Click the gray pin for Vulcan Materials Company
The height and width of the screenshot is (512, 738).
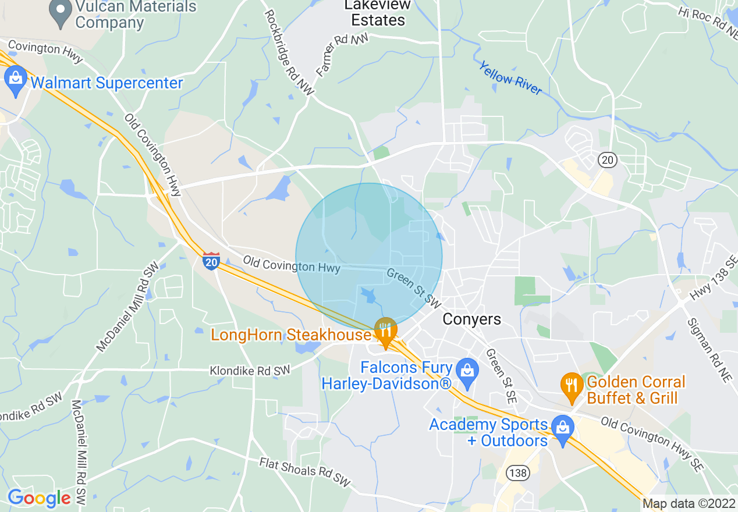61,14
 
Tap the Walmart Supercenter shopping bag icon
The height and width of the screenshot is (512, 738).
15,81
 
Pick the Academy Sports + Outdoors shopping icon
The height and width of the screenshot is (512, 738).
562,431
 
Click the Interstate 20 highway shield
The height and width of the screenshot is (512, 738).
211,261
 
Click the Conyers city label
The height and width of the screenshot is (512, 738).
471,319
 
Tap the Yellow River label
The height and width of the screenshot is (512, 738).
510,77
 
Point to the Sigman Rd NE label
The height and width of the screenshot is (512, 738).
708,350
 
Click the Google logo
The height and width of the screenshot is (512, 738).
39,498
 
